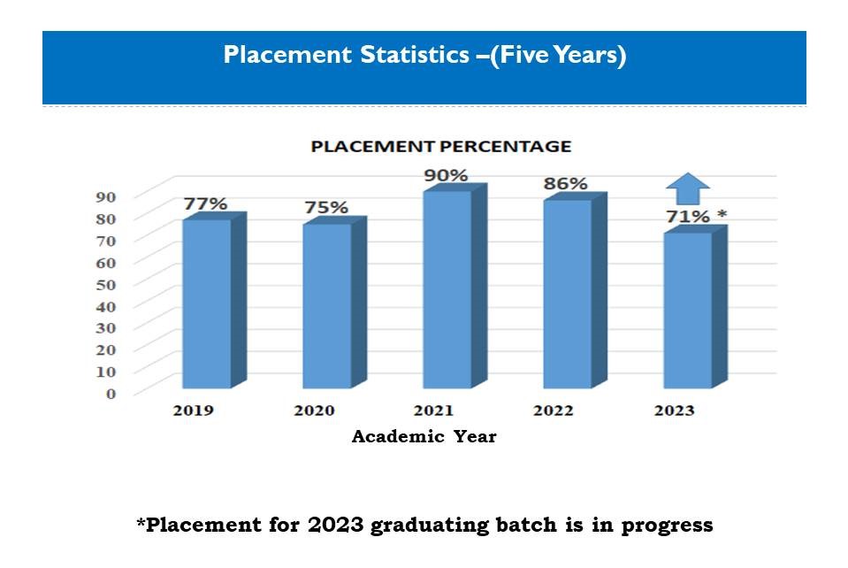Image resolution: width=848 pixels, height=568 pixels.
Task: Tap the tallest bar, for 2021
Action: pos(455,286)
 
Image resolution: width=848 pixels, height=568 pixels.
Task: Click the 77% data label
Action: pos(205,204)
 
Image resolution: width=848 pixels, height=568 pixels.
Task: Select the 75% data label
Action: pos(326,207)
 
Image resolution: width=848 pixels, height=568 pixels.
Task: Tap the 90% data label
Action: pos(446,175)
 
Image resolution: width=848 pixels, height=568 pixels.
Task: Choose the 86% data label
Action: pos(565,184)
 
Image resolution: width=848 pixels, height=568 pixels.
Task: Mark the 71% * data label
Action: pos(697,217)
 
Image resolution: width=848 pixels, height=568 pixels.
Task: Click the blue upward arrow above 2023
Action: pos(688,188)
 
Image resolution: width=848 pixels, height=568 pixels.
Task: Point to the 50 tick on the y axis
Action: pos(106,285)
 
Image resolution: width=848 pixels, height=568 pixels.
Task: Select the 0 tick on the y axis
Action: pos(111,394)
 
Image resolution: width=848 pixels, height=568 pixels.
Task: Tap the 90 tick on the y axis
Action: pos(106,197)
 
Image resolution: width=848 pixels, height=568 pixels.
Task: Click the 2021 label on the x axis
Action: pos(434,411)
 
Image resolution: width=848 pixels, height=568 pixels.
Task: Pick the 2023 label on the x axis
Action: pos(675,411)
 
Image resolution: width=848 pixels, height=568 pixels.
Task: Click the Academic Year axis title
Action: pos(424,436)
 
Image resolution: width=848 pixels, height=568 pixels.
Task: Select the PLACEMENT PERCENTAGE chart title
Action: pos(441,147)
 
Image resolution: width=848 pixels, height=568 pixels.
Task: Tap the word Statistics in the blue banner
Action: pos(415,55)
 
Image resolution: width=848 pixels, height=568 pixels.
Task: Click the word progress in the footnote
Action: pos(667,526)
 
